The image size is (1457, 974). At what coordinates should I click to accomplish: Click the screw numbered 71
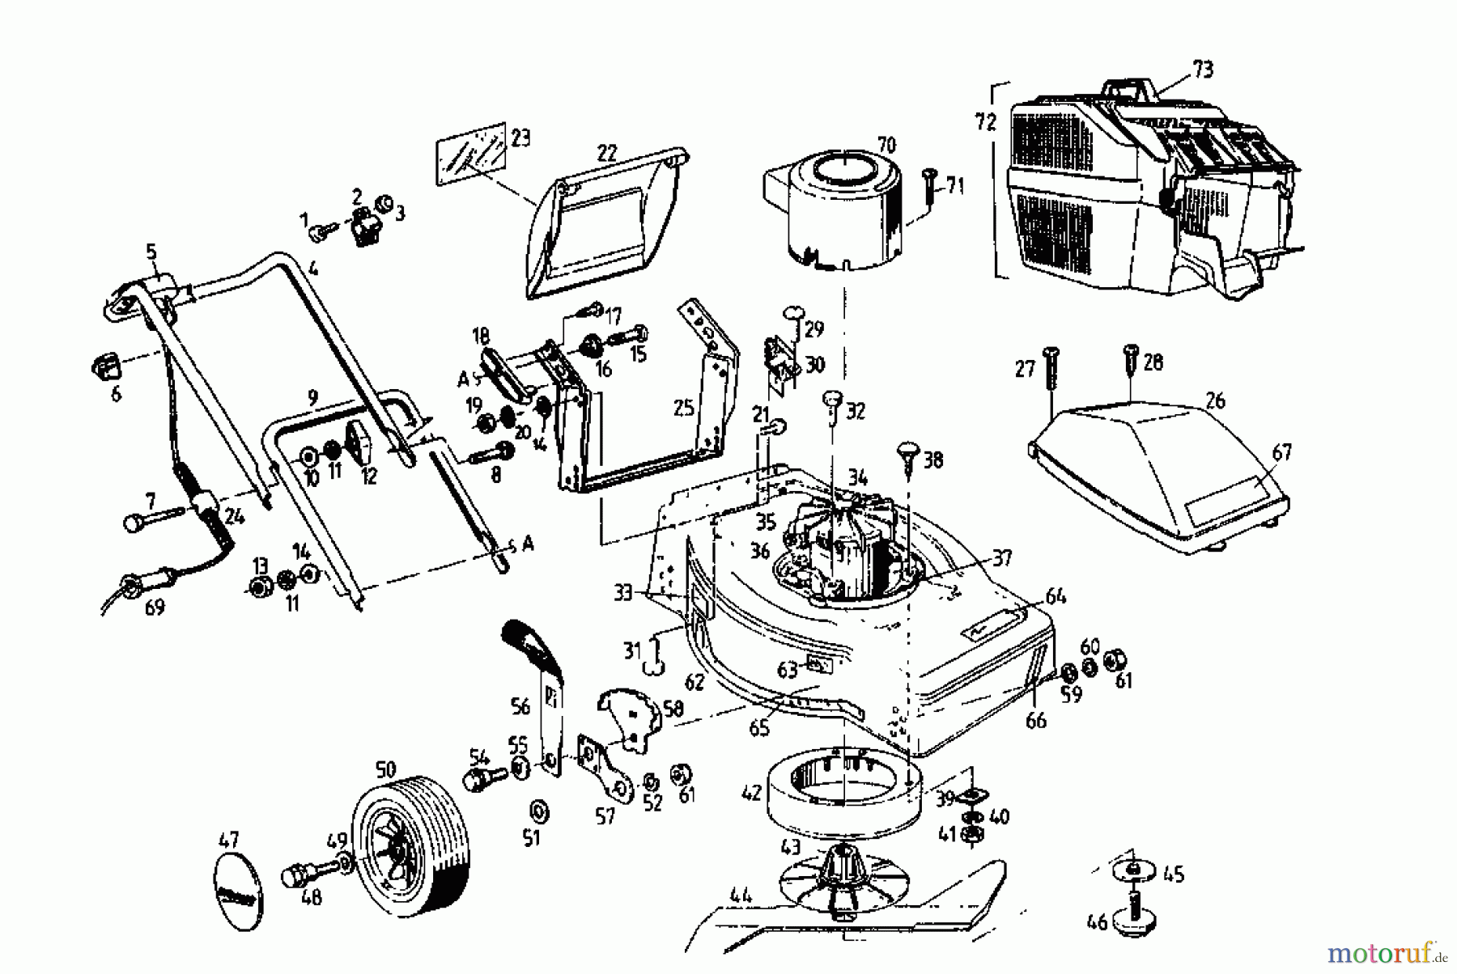(930, 185)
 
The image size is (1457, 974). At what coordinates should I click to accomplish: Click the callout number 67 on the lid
(1281, 452)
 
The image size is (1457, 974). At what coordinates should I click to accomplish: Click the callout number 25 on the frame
(683, 408)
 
